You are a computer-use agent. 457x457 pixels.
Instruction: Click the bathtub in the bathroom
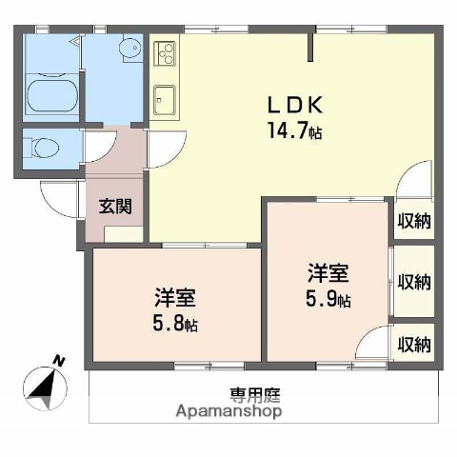click(51, 96)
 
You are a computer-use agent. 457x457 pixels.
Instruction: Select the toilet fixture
click(43, 148)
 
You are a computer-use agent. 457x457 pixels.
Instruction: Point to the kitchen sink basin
click(163, 95)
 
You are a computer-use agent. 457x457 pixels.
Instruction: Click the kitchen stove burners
click(163, 54)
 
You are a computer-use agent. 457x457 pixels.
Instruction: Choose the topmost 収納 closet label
click(414, 221)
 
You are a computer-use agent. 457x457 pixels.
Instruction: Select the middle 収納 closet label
click(414, 282)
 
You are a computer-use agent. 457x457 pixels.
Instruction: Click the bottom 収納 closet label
click(414, 344)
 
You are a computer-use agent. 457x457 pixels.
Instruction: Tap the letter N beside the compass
click(59, 361)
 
